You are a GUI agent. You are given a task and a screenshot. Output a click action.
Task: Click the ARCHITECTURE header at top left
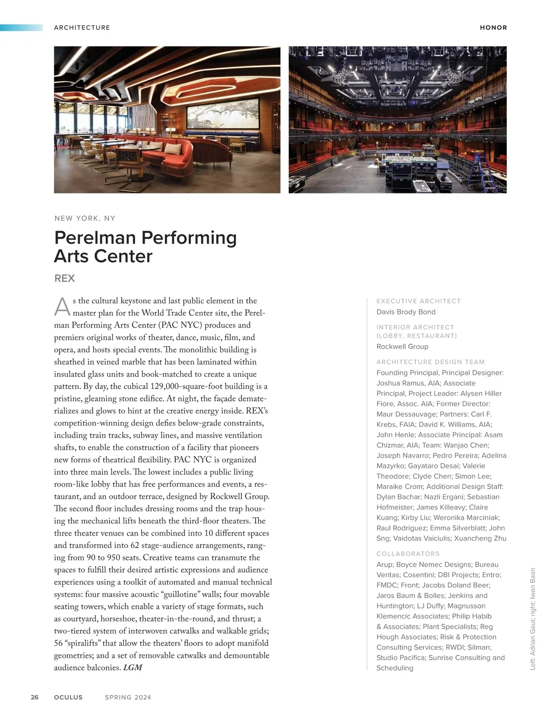click(x=82, y=28)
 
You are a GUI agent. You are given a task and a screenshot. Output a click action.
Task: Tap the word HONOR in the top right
click(x=493, y=28)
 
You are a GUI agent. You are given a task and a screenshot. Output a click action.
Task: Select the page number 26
click(x=35, y=697)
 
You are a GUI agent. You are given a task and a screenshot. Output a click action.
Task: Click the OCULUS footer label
click(x=68, y=697)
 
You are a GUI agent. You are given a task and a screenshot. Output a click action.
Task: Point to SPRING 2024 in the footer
click(x=128, y=697)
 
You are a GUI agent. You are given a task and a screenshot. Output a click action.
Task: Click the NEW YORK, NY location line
click(x=85, y=218)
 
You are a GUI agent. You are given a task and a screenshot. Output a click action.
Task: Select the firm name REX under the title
click(x=65, y=278)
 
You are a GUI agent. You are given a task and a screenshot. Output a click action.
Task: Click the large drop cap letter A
click(x=62, y=307)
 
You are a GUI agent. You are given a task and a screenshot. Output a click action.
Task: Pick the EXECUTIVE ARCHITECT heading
click(x=418, y=301)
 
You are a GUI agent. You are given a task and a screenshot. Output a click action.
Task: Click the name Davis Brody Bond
click(x=406, y=312)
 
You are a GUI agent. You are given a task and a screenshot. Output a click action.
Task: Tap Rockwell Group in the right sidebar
click(x=402, y=347)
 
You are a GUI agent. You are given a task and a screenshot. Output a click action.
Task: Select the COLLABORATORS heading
click(x=408, y=554)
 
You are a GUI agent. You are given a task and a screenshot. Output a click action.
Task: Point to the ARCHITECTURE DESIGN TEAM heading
click(x=430, y=362)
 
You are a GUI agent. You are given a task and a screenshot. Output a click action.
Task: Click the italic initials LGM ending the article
click(x=133, y=668)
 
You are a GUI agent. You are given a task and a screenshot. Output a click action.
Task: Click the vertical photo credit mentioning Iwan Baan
click(x=533, y=619)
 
